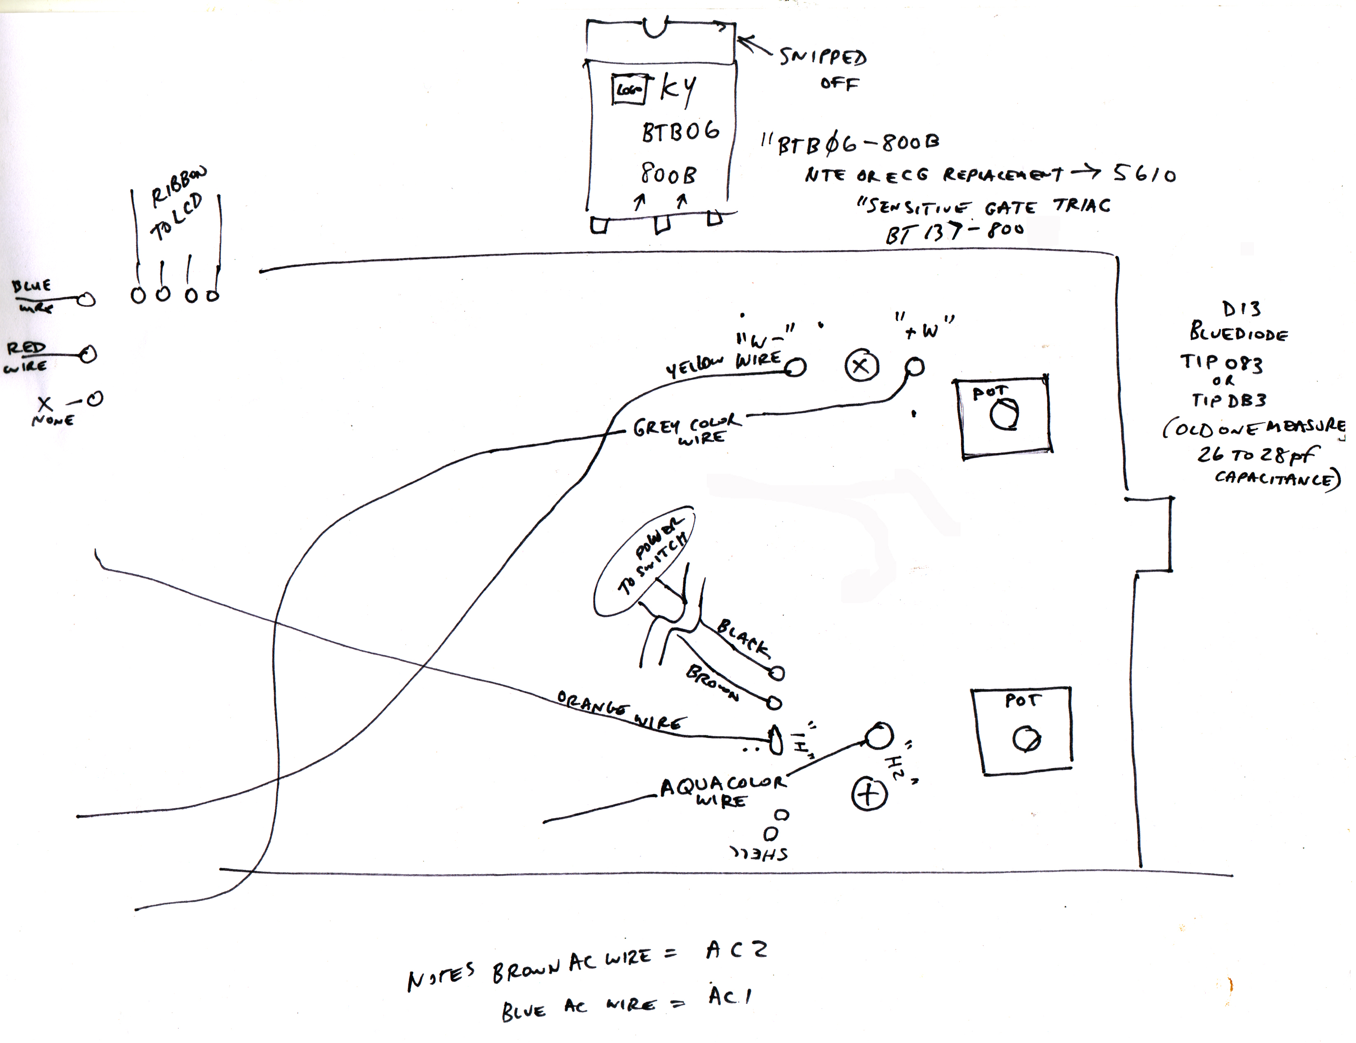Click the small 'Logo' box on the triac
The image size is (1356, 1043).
[629, 89]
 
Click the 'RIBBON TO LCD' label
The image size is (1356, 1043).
[177, 205]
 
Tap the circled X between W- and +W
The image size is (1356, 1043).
[862, 367]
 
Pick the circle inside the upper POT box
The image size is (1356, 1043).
[1004, 415]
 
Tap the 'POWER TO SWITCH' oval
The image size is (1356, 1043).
[644, 562]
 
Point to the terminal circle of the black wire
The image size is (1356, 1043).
[777, 673]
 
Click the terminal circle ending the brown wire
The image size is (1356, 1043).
[774, 703]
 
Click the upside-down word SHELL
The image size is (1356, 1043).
[759, 854]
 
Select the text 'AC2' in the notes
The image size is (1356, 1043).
[736, 950]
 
